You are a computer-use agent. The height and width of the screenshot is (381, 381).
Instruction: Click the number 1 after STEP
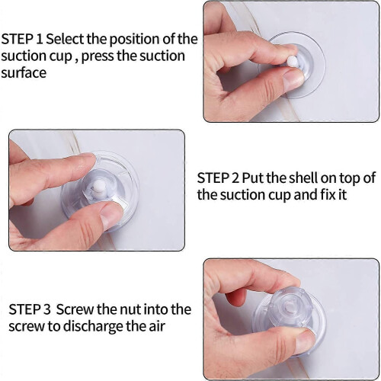coord(40,40)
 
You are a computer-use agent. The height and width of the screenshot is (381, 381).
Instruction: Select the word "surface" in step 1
coord(24,72)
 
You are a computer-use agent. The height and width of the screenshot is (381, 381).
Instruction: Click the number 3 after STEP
coord(46,309)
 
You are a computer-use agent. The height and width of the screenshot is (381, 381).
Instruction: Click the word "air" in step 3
coord(157,327)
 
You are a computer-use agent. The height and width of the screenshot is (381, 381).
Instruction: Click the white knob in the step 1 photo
coord(293,62)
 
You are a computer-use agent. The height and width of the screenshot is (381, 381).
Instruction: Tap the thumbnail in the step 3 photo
coord(303,340)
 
